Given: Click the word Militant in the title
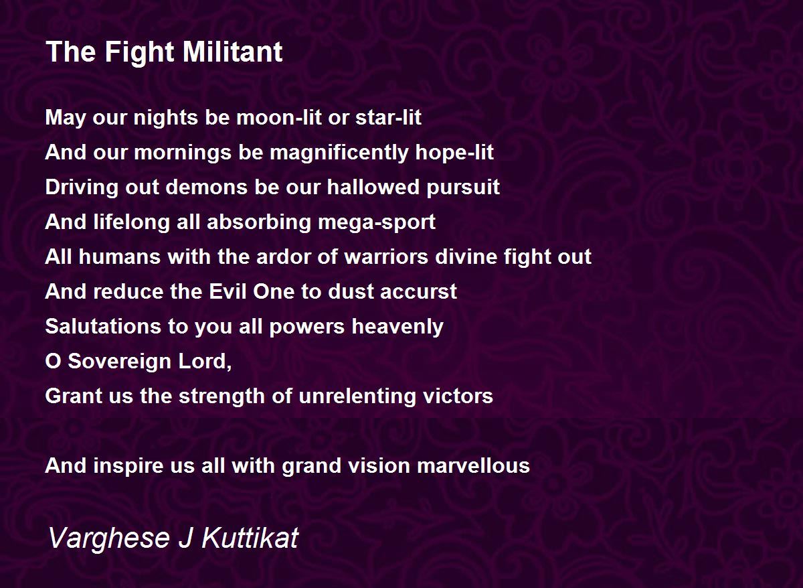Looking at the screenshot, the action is pyautogui.click(x=233, y=52).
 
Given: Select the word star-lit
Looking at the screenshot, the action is pyautogui.click(x=388, y=117).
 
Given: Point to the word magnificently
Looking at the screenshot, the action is pyautogui.click(x=339, y=153).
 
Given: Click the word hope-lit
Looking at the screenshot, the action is pyautogui.click(x=454, y=153).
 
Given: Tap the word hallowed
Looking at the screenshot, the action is pyautogui.click(x=373, y=188).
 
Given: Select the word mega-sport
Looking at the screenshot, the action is pyautogui.click(x=376, y=222).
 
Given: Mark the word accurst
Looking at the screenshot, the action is pyautogui.click(x=418, y=292).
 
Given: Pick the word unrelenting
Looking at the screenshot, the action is pyautogui.click(x=357, y=396).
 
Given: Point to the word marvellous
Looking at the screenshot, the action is pyautogui.click(x=473, y=465).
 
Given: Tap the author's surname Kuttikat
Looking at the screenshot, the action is pyautogui.click(x=250, y=537).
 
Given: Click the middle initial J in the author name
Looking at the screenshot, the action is pyautogui.click(x=185, y=537).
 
